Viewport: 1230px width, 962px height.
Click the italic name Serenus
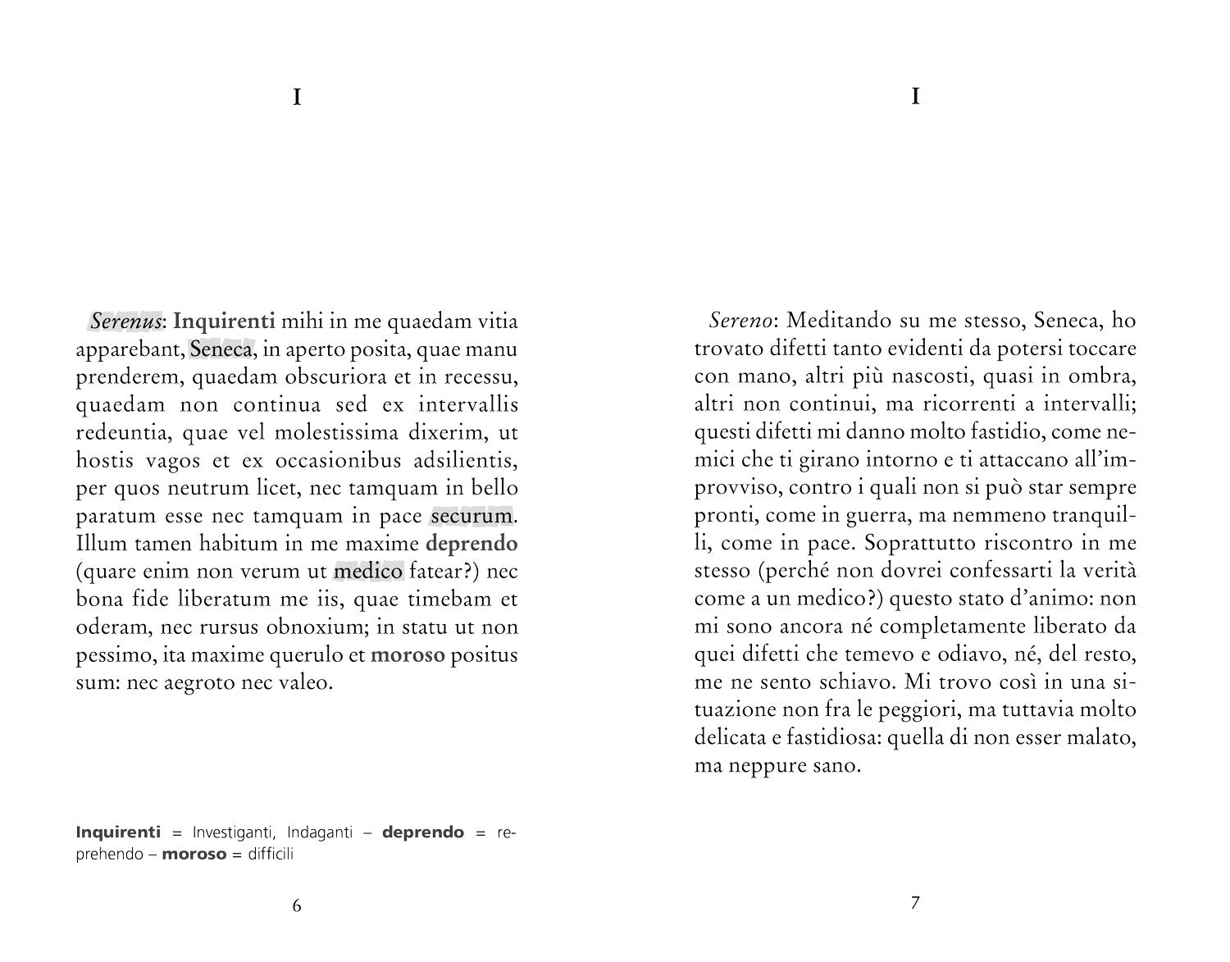pyautogui.click(x=125, y=321)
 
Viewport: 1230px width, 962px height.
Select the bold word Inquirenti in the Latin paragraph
pyautogui.click(x=224, y=321)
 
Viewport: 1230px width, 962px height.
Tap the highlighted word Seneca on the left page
pyautogui.click(x=221, y=349)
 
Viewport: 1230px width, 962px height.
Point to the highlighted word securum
pyautogui.click(x=471, y=517)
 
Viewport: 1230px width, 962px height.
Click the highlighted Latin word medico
pyautogui.click(x=369, y=572)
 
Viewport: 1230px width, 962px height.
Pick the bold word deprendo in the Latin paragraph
pyautogui.click(x=472, y=544)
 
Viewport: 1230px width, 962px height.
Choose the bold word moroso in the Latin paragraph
pyautogui.click(x=408, y=655)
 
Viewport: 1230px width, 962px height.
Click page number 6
pyautogui.click(x=297, y=905)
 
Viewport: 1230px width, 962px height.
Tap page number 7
pyautogui.click(x=915, y=904)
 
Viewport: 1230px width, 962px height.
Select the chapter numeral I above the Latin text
pyautogui.click(x=297, y=98)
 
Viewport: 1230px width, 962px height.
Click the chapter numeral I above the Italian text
pyautogui.click(x=915, y=97)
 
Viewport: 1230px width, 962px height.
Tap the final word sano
pyautogui.click(x=839, y=767)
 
